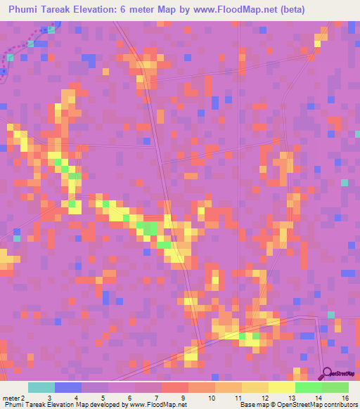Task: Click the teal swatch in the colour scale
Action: [x=41, y=387]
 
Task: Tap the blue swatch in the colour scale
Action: [x=68, y=387]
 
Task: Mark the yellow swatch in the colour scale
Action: [x=282, y=387]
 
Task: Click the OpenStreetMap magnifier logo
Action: [x=326, y=373]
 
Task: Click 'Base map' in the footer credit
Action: [x=254, y=404]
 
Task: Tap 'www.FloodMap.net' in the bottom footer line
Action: [x=154, y=404]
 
